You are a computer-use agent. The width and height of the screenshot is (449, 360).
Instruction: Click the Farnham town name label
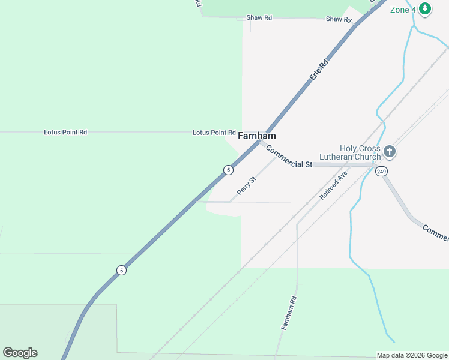[x=257, y=136]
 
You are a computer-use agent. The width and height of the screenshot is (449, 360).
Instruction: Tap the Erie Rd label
[x=320, y=70]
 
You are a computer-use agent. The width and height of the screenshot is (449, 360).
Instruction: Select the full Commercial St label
[x=289, y=157]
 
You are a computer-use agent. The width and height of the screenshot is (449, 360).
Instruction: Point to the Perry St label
[x=247, y=185]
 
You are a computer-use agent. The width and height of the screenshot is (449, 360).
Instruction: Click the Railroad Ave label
[x=334, y=185]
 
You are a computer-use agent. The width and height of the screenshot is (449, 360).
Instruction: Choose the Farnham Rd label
[x=289, y=312]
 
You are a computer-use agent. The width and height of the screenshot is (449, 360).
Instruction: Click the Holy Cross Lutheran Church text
[x=360, y=152]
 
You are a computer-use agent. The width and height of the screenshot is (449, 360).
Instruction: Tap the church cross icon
[x=390, y=152]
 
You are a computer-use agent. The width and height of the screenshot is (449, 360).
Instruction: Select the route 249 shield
[x=381, y=172]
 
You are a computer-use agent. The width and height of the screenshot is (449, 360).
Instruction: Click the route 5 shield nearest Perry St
[x=228, y=170]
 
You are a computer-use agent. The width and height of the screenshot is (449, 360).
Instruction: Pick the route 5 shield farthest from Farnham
[x=122, y=270]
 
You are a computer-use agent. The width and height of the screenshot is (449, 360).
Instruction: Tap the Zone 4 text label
[x=403, y=10]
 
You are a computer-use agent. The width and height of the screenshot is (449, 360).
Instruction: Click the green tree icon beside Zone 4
[x=425, y=8]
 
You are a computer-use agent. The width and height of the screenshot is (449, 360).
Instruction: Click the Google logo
[x=20, y=353]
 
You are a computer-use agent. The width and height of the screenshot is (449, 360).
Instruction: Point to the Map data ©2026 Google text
[x=412, y=355]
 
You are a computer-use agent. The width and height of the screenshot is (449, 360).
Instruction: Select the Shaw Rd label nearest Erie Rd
[x=339, y=19]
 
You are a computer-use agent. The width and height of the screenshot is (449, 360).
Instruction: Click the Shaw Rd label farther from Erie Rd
[x=259, y=18]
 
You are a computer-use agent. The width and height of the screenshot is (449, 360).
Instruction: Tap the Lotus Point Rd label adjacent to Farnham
[x=214, y=133]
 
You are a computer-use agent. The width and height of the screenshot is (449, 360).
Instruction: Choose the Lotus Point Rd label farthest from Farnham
[x=65, y=132]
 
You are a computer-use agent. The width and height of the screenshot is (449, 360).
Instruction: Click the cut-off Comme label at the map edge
[x=435, y=233]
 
